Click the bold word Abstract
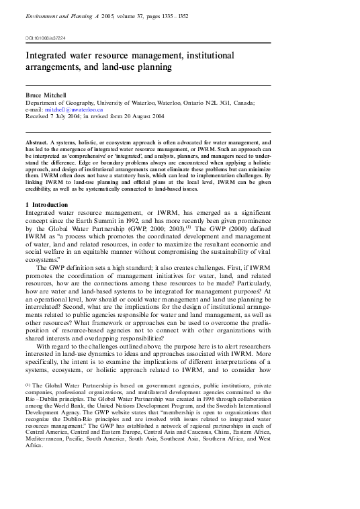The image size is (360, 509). [x=38, y=143]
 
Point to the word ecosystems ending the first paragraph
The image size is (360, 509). [x=43, y=258]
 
